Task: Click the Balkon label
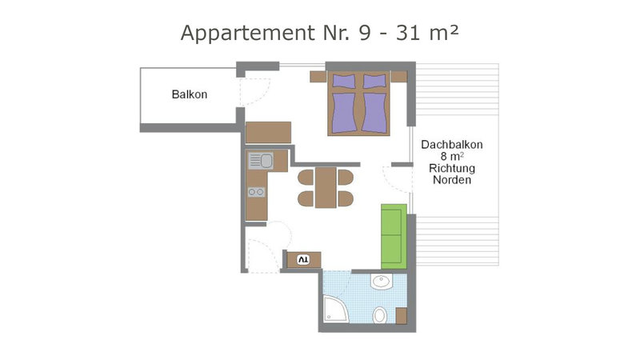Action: click(190, 94)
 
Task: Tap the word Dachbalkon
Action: click(452, 145)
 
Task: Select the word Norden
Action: click(452, 180)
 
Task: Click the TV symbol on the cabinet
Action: click(303, 259)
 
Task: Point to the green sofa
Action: click(394, 236)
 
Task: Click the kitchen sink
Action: click(261, 161)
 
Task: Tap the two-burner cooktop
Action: click(256, 192)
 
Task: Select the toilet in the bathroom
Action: click(380, 315)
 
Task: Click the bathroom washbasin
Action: click(382, 282)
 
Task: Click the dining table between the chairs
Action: click(326, 188)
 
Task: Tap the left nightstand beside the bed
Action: click(318, 77)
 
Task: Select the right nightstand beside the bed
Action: click(399, 77)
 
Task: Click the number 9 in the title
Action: click(366, 33)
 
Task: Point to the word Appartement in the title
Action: click(248, 34)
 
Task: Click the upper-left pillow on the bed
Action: click(344, 81)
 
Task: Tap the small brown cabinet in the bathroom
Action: click(402, 316)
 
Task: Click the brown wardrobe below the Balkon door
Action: click(269, 132)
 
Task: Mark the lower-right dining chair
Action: click(346, 198)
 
